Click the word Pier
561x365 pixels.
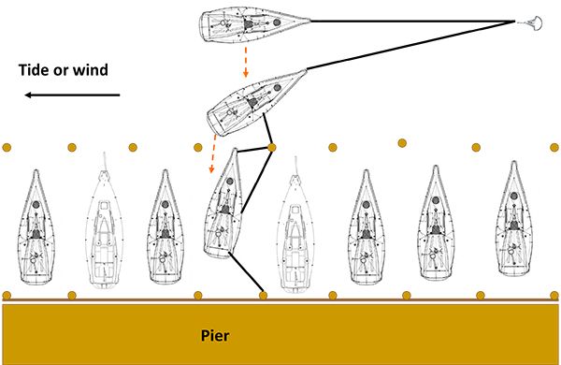tap(215, 336)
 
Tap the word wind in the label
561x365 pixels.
tap(90, 69)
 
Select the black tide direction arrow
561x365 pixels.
tap(72, 95)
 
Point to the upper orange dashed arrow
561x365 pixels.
tap(245, 61)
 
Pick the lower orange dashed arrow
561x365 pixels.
tap(213, 154)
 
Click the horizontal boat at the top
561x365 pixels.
tap(254, 24)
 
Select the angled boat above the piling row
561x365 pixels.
tap(256, 103)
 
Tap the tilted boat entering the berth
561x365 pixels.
tap(223, 204)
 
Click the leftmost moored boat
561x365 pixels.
tap(36, 227)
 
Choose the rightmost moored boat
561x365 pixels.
tap(513, 219)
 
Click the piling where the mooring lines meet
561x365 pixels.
tap(272, 147)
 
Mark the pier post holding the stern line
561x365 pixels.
tap(264, 296)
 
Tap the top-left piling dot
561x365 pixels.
tap(7, 147)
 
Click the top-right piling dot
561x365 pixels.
tap(554, 147)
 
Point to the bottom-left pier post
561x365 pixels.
tap(7, 296)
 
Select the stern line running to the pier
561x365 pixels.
tap(246, 273)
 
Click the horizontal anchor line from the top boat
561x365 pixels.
tap(412, 22)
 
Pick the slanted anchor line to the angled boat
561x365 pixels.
tap(410, 46)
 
